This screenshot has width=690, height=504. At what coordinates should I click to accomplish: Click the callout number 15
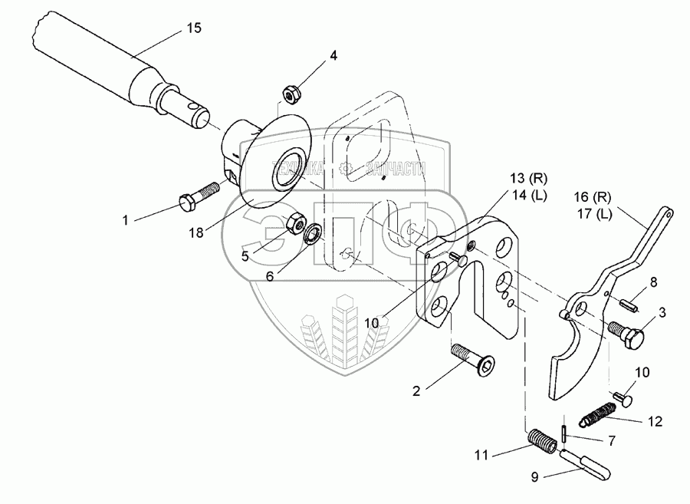point(193,28)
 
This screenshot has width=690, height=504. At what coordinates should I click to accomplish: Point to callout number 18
point(197,232)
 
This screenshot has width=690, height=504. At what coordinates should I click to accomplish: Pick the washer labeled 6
point(313,232)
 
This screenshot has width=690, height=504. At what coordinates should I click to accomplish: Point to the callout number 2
point(416,390)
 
